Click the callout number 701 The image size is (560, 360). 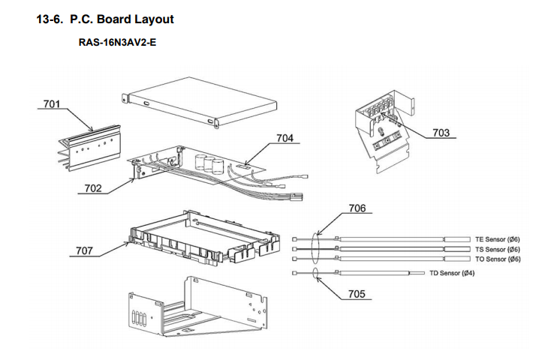[x=51, y=104]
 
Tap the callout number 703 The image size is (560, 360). [x=441, y=133]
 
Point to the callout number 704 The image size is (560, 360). [x=285, y=138]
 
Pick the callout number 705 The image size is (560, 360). [x=357, y=294]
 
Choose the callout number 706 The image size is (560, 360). [x=357, y=208]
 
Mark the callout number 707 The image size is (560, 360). [x=84, y=250]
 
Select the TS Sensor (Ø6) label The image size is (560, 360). [x=498, y=249]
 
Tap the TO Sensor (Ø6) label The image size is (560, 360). [x=498, y=259]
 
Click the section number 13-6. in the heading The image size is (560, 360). [x=51, y=17]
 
